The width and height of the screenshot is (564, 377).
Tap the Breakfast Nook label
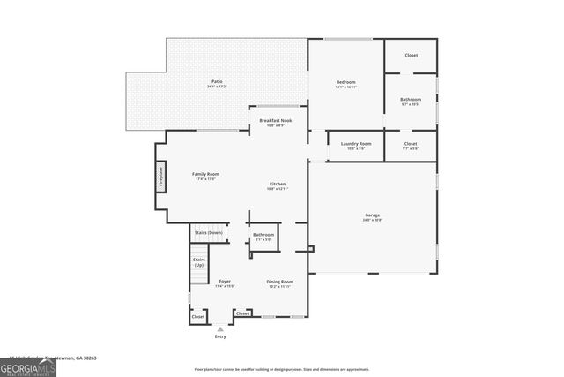[x=275, y=122]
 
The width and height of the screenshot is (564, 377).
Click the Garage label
[x=373, y=217]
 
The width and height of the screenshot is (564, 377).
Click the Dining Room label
[x=279, y=283]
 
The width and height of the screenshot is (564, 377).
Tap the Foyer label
[x=225, y=283]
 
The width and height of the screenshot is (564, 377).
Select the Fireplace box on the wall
[x=161, y=177]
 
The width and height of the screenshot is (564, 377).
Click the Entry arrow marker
[x=220, y=328]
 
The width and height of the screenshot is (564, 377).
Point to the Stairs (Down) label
[x=208, y=232]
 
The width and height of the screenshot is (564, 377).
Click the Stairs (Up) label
[x=199, y=262]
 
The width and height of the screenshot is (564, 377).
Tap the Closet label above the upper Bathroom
[x=411, y=56]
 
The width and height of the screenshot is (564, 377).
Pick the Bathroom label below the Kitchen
[x=263, y=237]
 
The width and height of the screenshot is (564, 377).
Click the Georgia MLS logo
[x=28, y=366]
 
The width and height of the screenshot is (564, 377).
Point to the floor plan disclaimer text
[x=282, y=369]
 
